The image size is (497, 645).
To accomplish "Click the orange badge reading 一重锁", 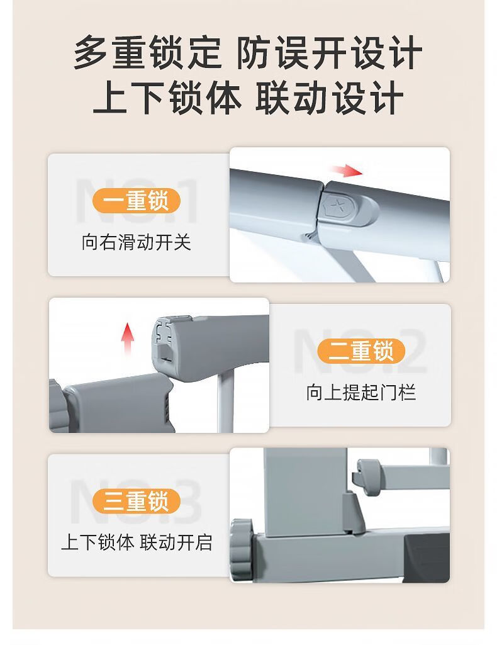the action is pos(137,201).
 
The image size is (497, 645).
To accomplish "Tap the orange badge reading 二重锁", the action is pos(361,351).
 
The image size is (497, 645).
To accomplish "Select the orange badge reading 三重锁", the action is pos(137,502).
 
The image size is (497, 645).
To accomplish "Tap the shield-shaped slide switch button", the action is pos(349,207).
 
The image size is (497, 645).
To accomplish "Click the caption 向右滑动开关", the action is pos(137,242).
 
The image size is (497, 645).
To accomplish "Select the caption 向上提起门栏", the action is pos(361,392).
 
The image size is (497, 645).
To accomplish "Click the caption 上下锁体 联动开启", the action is pos(137,542).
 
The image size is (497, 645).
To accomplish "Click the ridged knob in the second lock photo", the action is pos(55,405).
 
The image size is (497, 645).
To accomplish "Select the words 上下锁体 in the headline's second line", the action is pos(167,98).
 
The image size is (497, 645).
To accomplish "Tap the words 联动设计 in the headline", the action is pos(329,98).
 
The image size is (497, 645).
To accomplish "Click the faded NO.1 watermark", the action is pos(137,201).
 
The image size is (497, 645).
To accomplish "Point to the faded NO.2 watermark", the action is pos(361,351).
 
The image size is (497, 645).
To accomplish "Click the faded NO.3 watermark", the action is pos(137,502).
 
